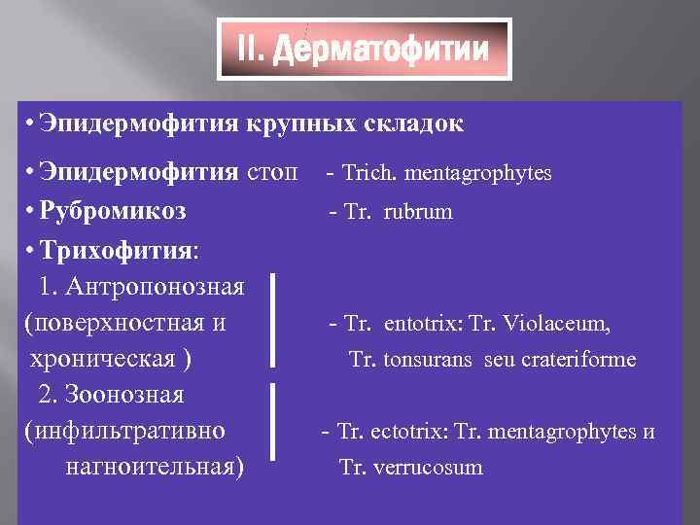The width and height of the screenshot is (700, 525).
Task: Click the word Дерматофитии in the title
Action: [381, 50]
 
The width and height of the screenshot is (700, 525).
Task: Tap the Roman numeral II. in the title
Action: [252, 50]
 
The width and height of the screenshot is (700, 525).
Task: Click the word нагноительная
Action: [154, 467]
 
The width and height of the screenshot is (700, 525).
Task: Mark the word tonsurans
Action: [426, 360]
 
